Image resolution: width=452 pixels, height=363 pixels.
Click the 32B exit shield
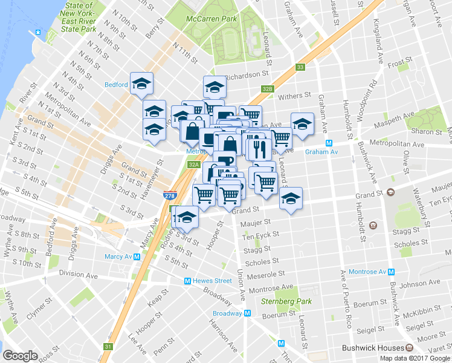coord(268,88)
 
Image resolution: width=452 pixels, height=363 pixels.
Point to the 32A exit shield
coord(193,164)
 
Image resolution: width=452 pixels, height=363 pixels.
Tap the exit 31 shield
coord(108,347)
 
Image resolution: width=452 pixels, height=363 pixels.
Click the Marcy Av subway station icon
coord(137,257)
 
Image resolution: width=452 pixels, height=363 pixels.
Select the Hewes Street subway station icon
coord(188,281)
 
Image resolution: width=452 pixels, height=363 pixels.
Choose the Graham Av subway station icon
coord(329,143)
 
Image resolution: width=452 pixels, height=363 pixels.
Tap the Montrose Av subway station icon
coord(391,272)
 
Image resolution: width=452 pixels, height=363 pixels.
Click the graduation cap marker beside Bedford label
coord(141,84)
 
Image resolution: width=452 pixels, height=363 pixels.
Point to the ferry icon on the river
coord(39,32)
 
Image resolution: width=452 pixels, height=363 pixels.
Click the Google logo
coord(19,356)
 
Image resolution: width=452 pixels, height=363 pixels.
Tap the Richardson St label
coord(247,74)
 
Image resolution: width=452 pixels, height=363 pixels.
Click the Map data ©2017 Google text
coord(415,358)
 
